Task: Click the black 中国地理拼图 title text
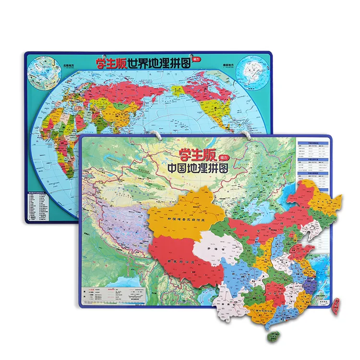pyautogui.click(x=197, y=168)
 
